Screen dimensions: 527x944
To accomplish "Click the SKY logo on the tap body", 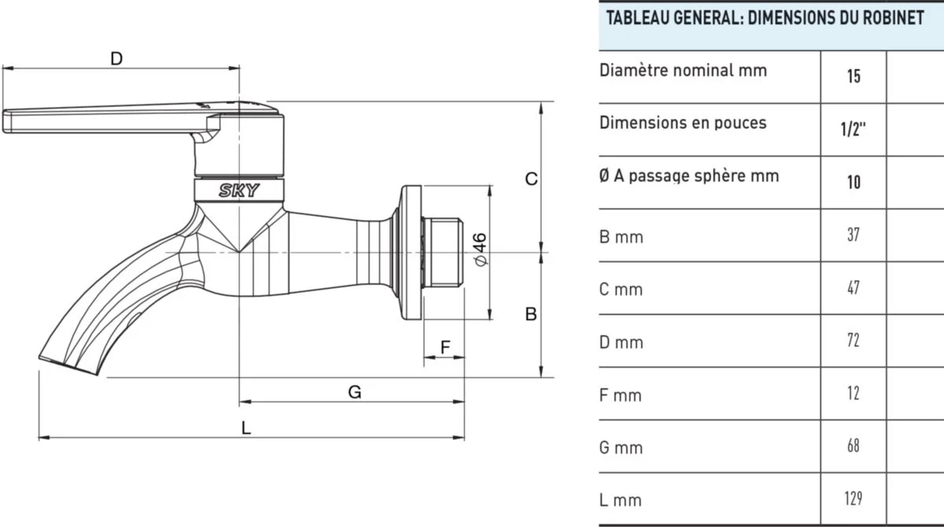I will [239, 190].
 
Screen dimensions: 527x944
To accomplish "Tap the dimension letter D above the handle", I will [116, 59].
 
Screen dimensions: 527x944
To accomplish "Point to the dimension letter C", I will [531, 179].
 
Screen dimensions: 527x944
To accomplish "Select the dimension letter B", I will [531, 314].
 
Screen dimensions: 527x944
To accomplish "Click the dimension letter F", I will [444, 346].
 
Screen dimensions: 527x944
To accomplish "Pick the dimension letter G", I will [355, 392].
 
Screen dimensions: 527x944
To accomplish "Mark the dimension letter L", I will [246, 429].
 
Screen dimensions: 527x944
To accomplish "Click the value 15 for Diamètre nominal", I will [854, 77].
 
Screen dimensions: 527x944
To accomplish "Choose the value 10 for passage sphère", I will [854, 182].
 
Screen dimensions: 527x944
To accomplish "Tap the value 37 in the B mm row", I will [854, 235].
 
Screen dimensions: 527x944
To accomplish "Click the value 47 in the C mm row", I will [854, 288].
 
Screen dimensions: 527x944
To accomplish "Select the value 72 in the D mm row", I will [854, 341].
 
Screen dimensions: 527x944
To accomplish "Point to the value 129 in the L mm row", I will [854, 499].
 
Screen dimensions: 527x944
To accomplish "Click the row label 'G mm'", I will [621, 448].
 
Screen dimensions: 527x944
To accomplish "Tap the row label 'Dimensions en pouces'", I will [683, 123].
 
